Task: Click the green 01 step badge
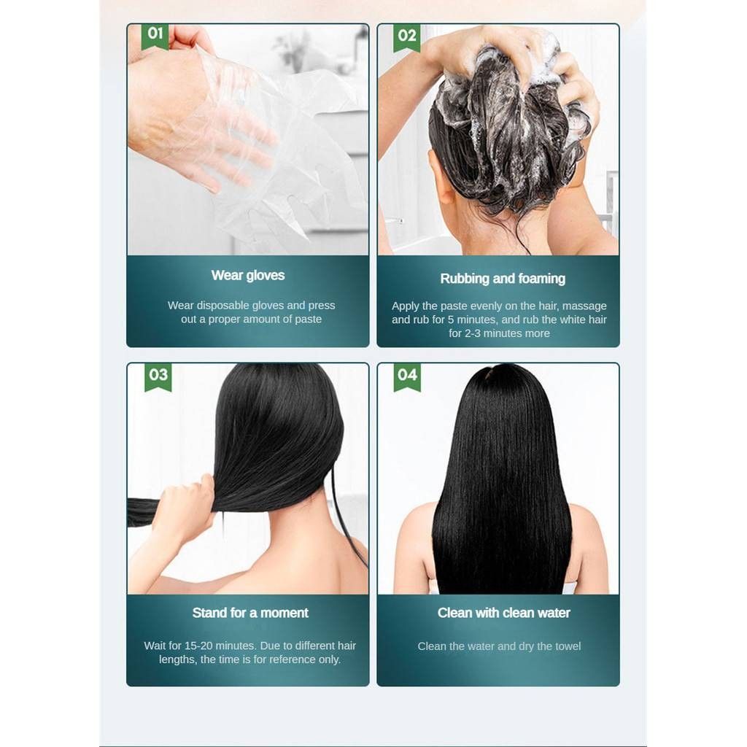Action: pos(155,36)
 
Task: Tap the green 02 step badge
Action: pos(407,38)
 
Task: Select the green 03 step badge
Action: pos(158,377)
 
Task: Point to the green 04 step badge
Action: pos(407,377)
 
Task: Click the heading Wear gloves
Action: pos(248,275)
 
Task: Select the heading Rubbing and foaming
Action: pos(503,279)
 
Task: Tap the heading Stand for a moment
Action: pos(250,613)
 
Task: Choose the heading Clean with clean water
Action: pos(503,613)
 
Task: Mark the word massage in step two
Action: pos(584,306)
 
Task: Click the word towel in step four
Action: pos(568,646)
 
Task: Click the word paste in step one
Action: pos(308,320)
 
